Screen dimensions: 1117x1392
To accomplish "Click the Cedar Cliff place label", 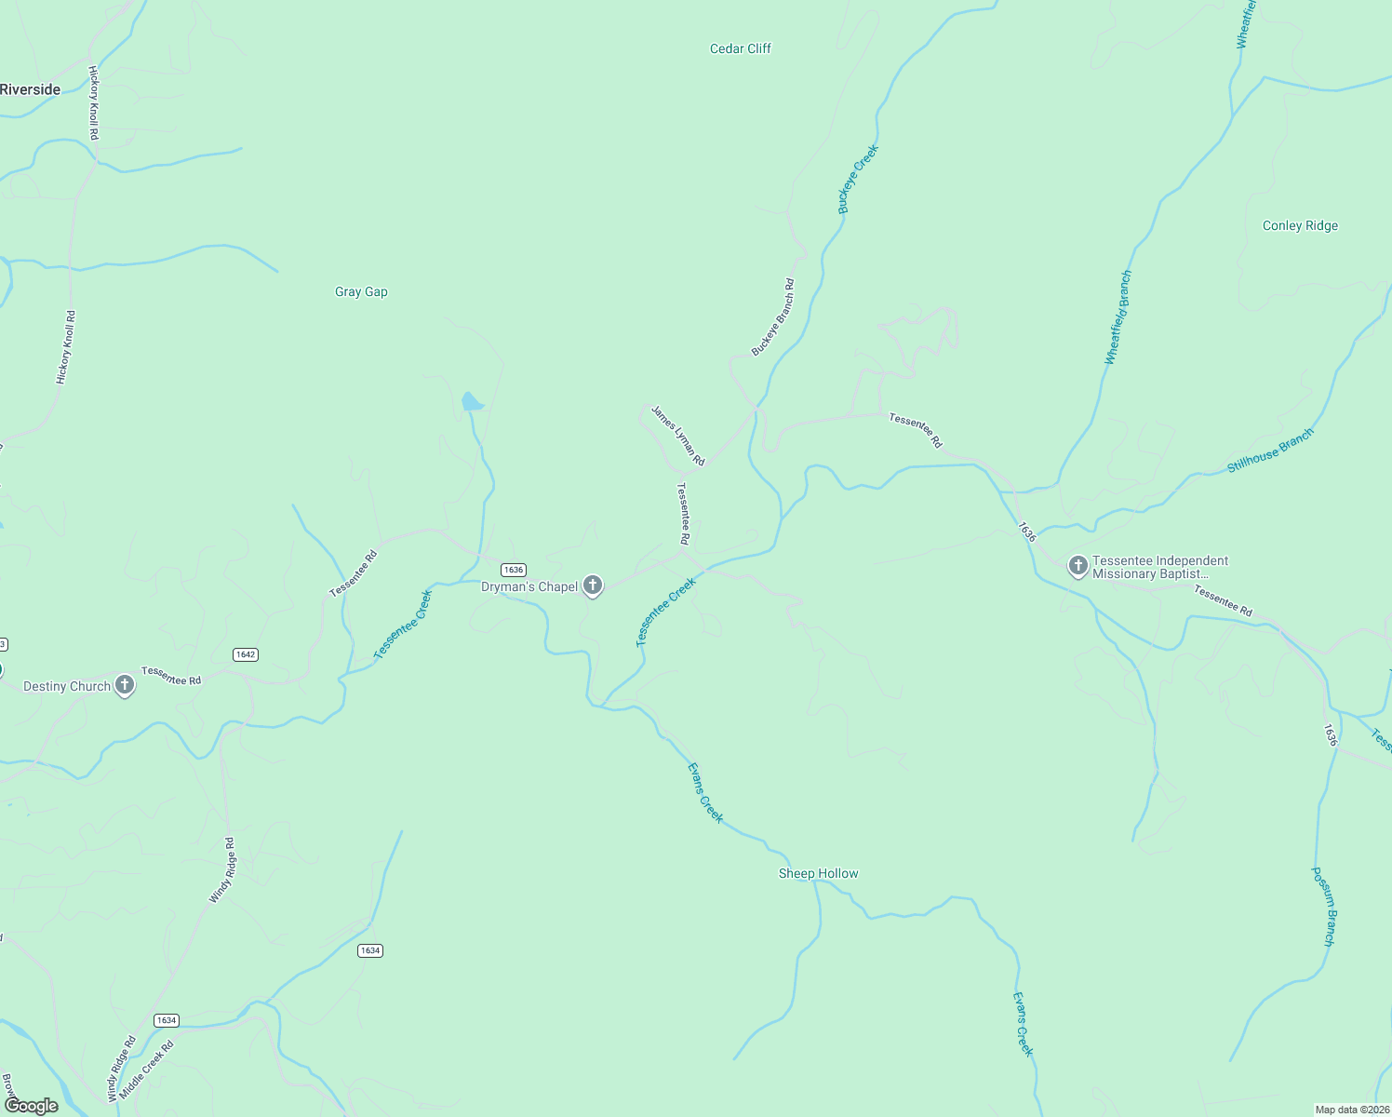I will [x=740, y=48].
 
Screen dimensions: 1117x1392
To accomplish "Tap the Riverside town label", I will [x=31, y=89].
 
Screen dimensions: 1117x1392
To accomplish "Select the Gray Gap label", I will [x=361, y=291].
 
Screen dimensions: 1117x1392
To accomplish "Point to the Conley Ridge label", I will [x=1300, y=225].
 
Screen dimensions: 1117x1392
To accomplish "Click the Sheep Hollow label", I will [x=818, y=873].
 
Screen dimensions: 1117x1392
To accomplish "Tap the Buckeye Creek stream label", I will [x=858, y=180].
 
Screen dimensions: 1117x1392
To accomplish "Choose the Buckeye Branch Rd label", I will [x=773, y=317].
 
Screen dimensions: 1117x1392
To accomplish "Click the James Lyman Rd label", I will [x=677, y=436].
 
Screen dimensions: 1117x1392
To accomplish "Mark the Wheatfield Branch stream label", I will [x=1118, y=317].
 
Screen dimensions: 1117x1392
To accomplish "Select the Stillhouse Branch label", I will [x=1270, y=451].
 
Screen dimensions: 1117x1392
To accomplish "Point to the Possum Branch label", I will [x=1323, y=907].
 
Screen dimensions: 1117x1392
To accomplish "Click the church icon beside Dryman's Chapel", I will [x=593, y=585].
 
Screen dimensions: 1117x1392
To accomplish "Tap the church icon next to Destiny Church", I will [x=125, y=686].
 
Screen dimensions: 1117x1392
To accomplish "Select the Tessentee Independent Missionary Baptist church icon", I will [x=1077, y=566].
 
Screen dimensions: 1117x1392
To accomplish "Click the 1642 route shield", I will [x=246, y=654].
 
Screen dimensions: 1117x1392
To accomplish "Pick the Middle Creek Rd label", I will [x=154, y=1070].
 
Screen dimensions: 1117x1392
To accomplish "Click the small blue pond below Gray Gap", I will [x=472, y=402].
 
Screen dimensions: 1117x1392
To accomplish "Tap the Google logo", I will [x=31, y=1105].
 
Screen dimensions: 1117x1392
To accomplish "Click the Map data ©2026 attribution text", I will [x=1351, y=1110].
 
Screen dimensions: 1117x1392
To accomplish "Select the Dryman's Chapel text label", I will [x=529, y=586].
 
